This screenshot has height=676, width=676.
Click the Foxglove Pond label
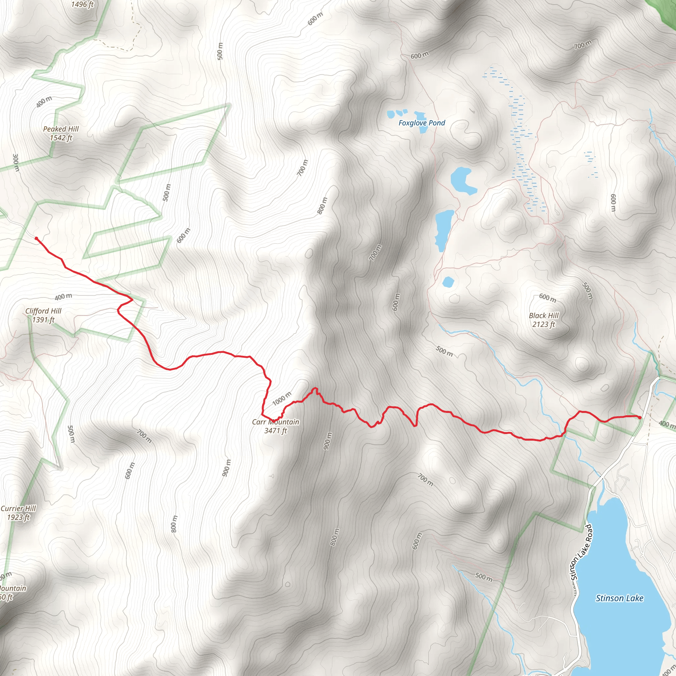(x=422, y=123)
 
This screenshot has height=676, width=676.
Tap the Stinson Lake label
(x=619, y=598)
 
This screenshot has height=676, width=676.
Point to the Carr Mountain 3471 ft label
(x=276, y=426)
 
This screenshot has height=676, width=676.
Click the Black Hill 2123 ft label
(x=544, y=320)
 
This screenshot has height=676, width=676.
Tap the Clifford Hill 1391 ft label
(x=43, y=315)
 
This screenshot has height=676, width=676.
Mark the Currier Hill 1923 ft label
(x=18, y=513)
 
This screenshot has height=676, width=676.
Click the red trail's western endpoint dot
(x=36, y=239)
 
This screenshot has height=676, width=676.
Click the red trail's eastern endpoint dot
(x=640, y=418)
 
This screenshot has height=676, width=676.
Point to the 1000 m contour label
(x=282, y=398)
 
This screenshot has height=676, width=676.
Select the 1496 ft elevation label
(x=82, y=5)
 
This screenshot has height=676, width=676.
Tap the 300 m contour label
(x=16, y=162)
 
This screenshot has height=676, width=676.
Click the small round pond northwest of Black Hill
(x=448, y=282)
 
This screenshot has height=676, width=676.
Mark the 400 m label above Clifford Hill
(x=63, y=297)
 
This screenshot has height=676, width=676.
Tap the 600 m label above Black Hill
(x=548, y=298)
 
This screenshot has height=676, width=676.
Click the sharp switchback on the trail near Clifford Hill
(x=132, y=299)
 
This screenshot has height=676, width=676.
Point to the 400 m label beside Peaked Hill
(x=44, y=101)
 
